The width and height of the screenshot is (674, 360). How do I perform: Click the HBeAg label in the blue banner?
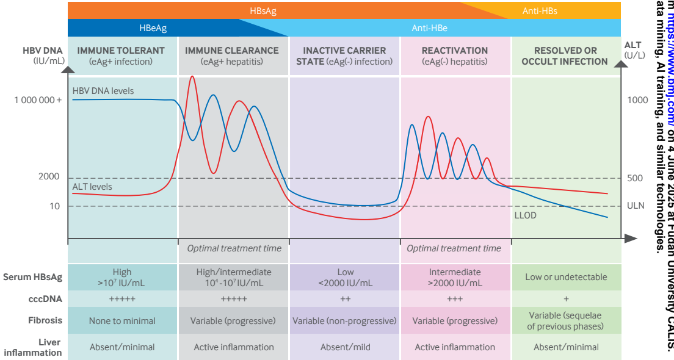point(153,28)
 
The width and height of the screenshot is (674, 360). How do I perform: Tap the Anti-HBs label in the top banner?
point(540,11)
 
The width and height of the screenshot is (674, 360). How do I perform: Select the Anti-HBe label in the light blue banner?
point(430,28)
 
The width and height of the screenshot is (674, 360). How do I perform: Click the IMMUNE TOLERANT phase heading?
point(121,51)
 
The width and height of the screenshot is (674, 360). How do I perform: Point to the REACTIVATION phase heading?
point(455,51)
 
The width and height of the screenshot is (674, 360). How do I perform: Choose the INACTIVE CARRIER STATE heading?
point(344,56)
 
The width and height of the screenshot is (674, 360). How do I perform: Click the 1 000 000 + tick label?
point(38,99)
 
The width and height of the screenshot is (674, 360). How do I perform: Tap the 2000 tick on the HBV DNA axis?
point(49,177)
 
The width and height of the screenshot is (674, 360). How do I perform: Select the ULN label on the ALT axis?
point(635,206)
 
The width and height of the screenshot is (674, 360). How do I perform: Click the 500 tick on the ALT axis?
point(635,178)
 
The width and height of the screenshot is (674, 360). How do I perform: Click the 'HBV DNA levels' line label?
point(103,91)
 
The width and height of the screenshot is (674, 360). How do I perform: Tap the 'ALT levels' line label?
point(92,187)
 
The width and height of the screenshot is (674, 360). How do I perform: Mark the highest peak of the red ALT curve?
point(192,77)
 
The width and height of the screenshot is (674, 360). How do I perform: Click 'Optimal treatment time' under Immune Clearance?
point(234,248)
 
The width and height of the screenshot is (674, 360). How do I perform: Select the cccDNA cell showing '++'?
point(345,299)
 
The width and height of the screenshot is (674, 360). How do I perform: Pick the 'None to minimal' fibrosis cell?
point(122,321)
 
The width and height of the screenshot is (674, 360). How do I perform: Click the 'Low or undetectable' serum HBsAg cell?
point(566,277)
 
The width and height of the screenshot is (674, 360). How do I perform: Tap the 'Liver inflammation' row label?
point(41,347)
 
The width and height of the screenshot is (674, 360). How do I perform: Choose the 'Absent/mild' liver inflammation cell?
point(345,347)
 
